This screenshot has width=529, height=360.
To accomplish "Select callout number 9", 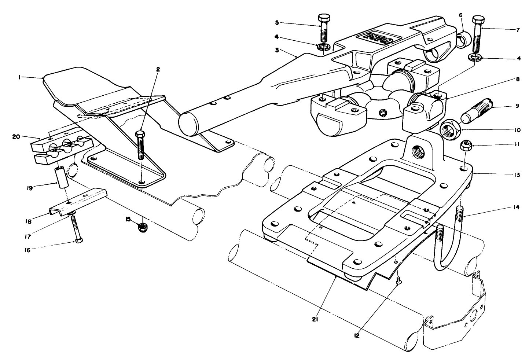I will pyautogui.click(x=517, y=106).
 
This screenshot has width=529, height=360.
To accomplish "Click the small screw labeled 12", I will pyautogui.click(x=399, y=280).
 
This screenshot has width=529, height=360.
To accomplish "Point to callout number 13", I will pyautogui.click(x=517, y=175).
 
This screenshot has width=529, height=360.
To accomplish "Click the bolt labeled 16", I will pyautogui.click(x=76, y=229).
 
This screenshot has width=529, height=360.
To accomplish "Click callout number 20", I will pyautogui.click(x=15, y=136).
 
